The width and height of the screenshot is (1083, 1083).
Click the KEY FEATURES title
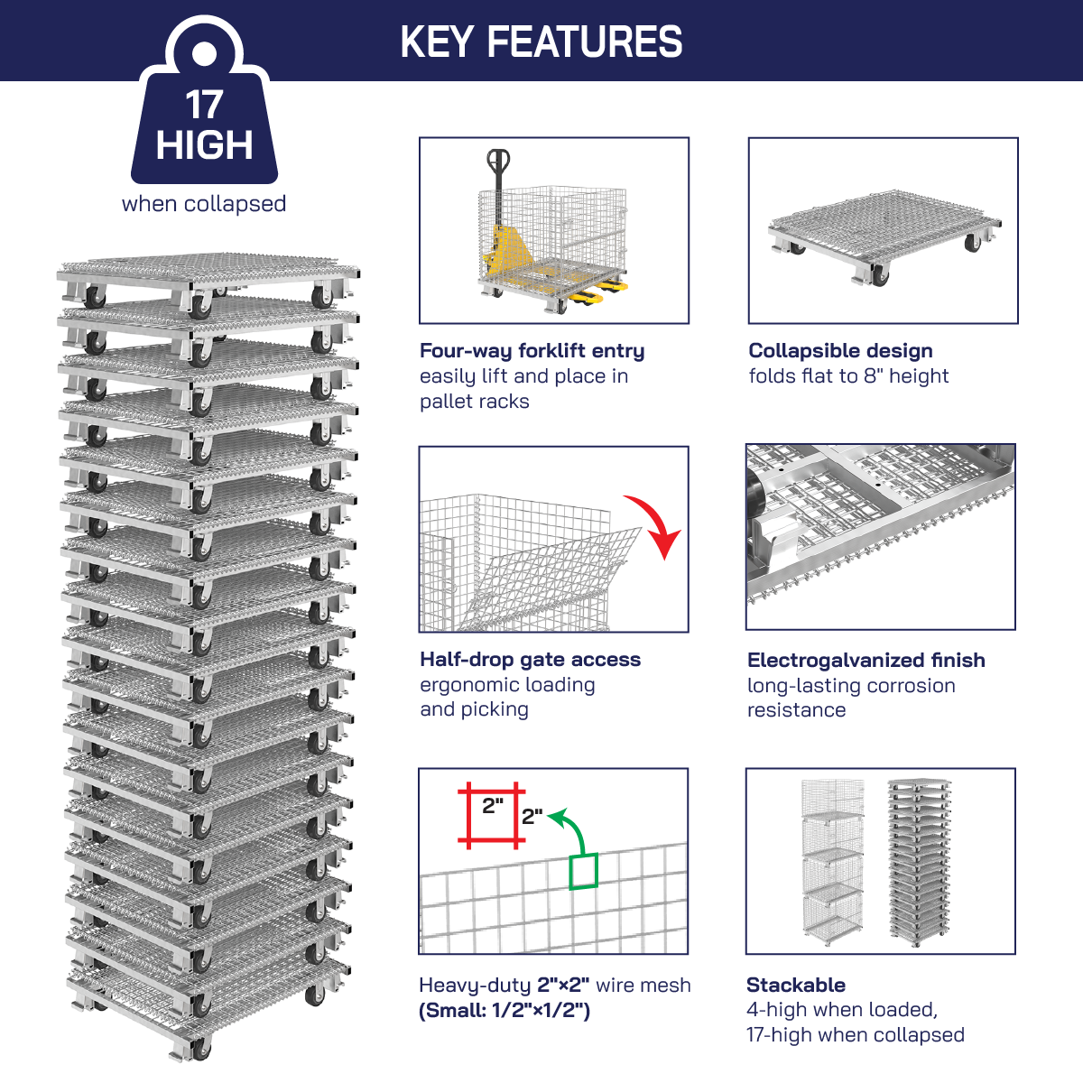click(541, 42)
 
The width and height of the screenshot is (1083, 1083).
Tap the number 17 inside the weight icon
click(204, 106)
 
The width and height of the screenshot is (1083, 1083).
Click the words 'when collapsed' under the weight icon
click(204, 204)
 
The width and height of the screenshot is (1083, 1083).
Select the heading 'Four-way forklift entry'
click(532, 351)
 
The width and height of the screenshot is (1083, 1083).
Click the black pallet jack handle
click(496, 171)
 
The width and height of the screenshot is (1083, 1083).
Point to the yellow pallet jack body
click(504, 253)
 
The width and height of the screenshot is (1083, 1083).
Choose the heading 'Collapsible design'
click(840, 351)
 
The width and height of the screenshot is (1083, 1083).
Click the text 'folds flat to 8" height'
click(848, 376)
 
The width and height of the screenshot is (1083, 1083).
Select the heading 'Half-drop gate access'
click(530, 660)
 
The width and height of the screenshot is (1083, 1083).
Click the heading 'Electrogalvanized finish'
click(865, 661)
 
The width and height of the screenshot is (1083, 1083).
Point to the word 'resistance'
click(796, 710)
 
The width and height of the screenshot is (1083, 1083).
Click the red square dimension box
click(492, 815)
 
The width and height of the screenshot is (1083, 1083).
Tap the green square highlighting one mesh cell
click(583, 871)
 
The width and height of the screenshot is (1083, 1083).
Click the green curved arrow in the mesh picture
click(570, 826)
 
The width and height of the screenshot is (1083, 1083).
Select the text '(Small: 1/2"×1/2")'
click(504, 1011)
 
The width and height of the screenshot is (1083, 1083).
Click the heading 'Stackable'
click(795, 986)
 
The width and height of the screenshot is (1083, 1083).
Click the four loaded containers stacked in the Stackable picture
click(832, 862)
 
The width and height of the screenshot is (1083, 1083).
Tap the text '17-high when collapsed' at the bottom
click(855, 1035)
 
